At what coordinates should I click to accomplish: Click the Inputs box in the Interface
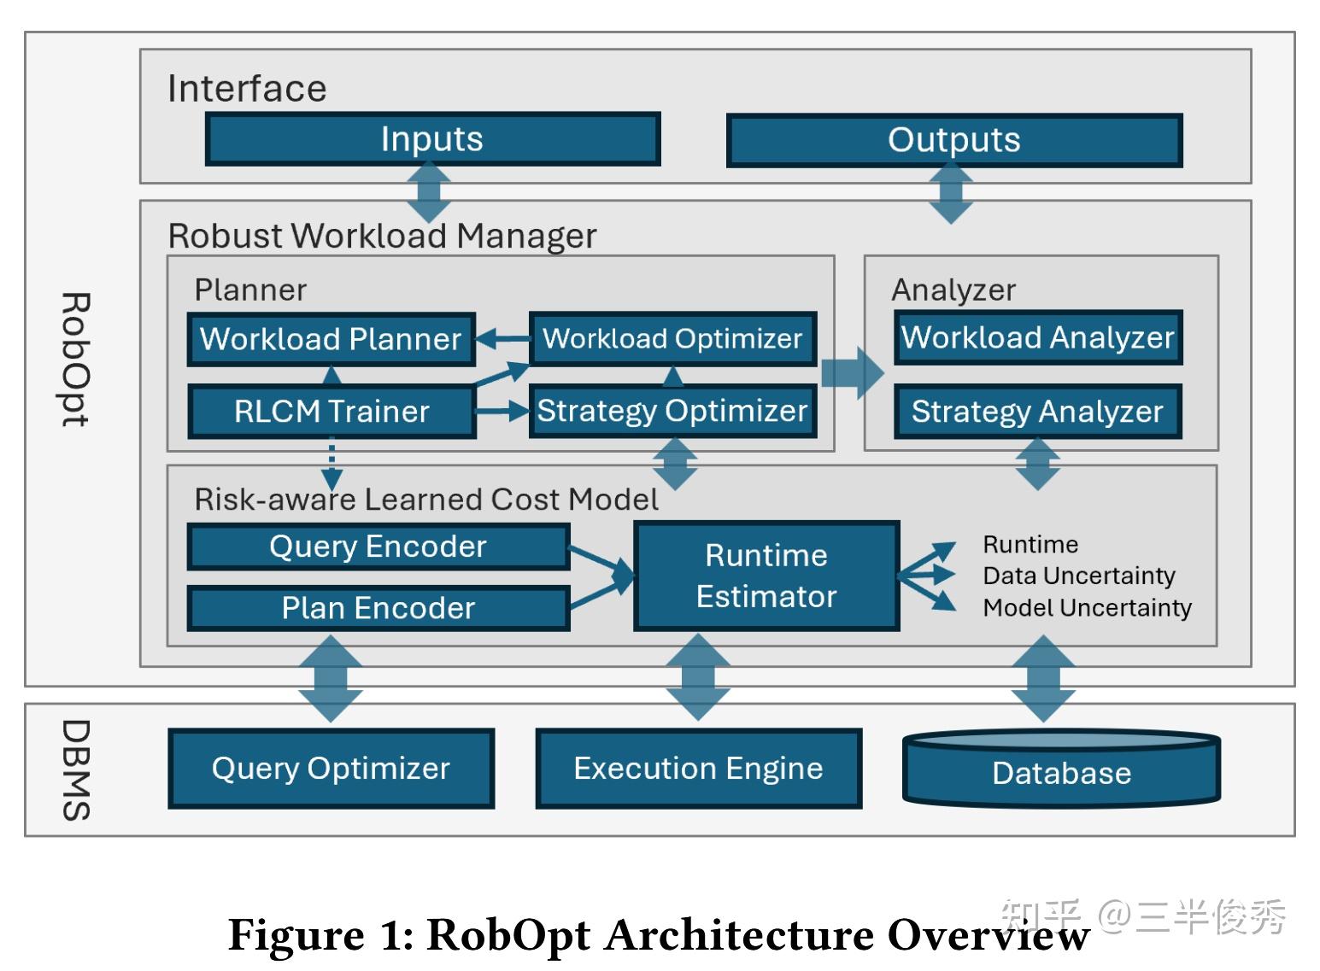(432, 139)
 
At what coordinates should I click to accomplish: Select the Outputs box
(953, 140)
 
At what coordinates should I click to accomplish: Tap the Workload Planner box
(331, 339)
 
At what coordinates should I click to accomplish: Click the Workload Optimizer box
(672, 338)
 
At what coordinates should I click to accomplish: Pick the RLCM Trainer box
(331, 412)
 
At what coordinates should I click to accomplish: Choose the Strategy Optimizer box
(672, 411)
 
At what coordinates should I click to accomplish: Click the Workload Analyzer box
(1037, 337)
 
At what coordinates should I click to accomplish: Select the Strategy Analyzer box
(1037, 412)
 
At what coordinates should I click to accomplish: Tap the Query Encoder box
(378, 547)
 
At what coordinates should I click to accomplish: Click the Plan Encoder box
(378, 608)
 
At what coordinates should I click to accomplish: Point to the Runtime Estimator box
(766, 576)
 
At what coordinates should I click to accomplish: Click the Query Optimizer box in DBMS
(331, 769)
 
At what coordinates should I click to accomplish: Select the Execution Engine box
(698, 769)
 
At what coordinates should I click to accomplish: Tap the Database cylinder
(1061, 771)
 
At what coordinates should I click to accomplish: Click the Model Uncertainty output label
(1087, 608)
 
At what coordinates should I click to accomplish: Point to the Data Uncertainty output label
(1079, 576)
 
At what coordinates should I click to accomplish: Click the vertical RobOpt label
(75, 359)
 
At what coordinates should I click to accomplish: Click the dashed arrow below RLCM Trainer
(331, 465)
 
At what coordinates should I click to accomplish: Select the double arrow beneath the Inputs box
(428, 193)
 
